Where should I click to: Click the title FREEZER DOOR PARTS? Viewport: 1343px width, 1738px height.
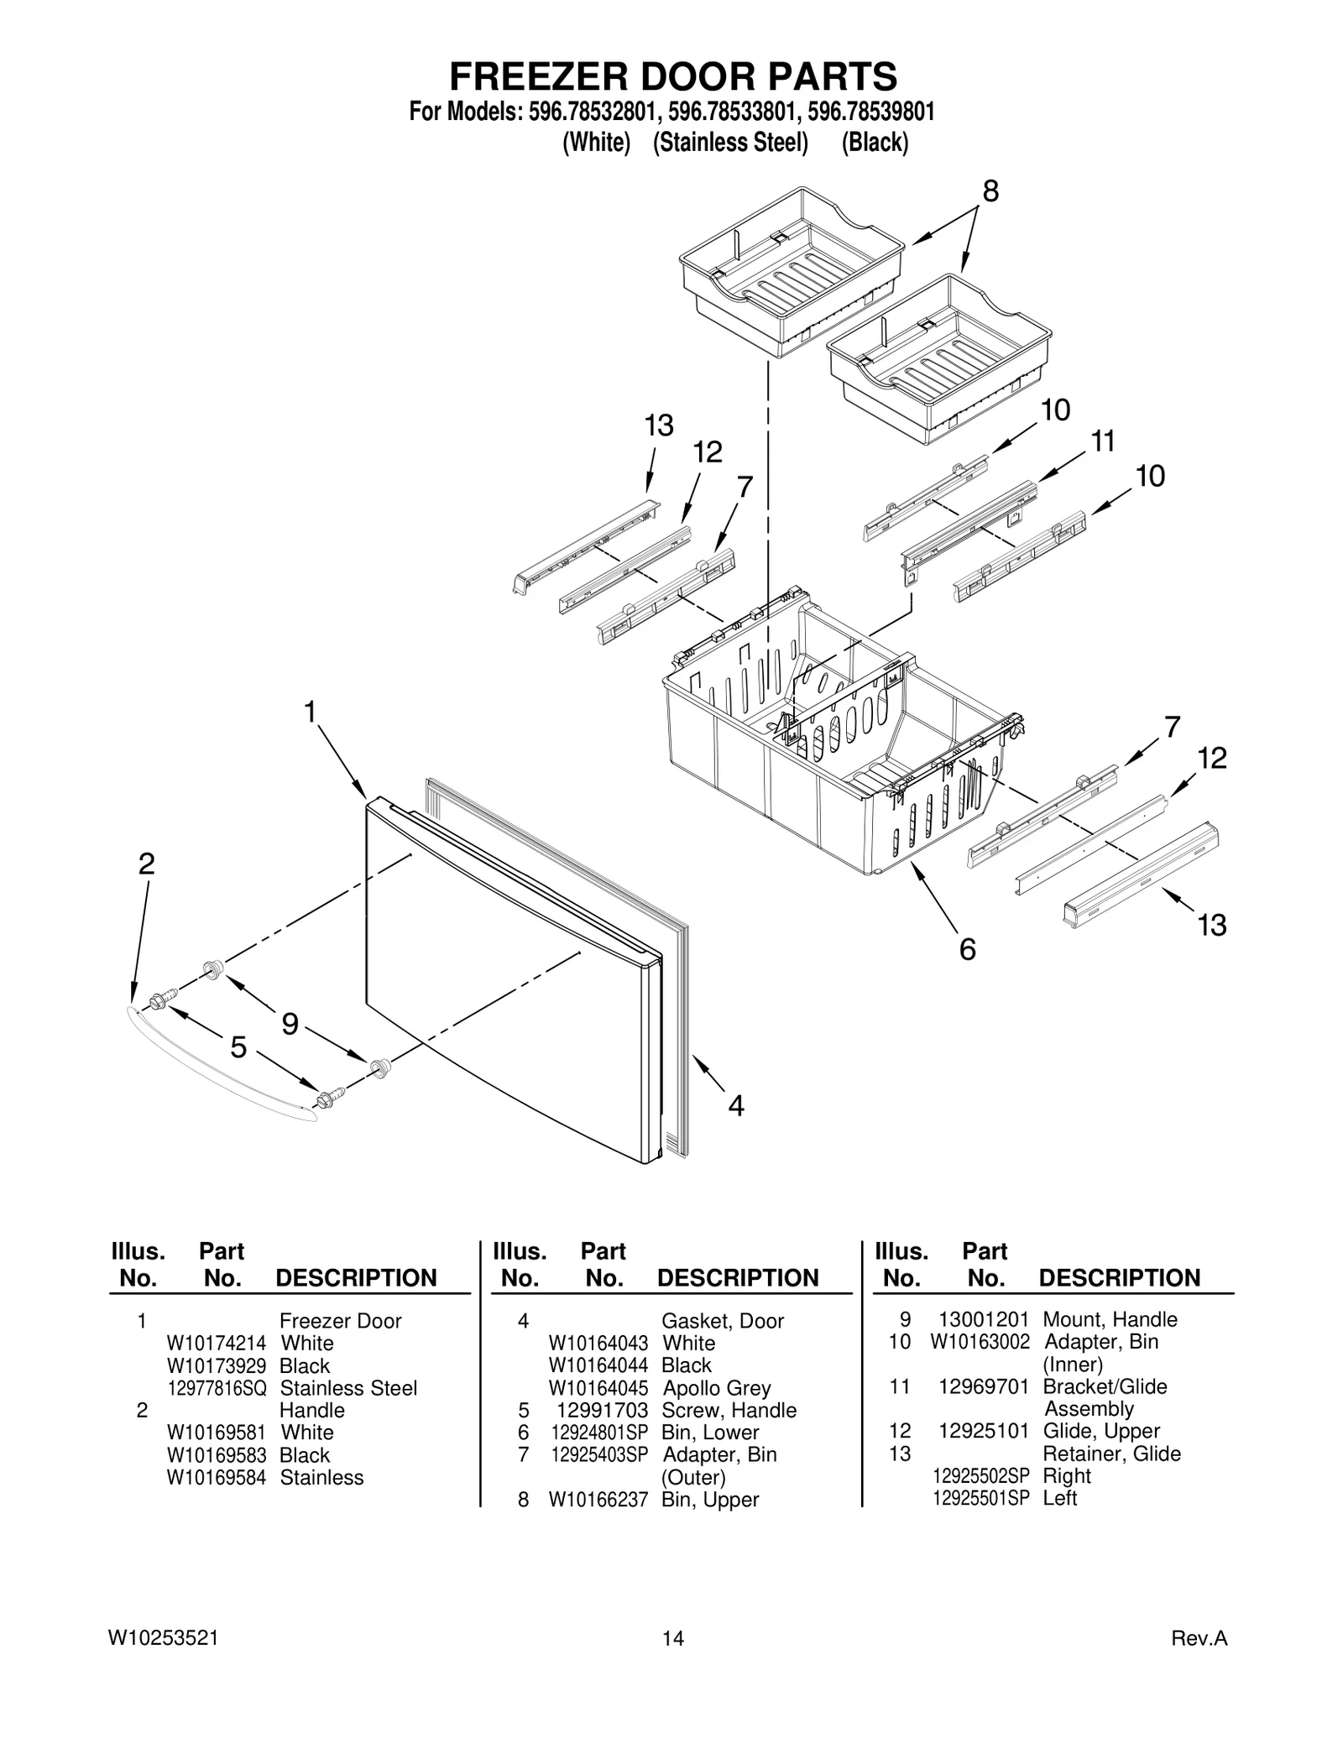click(x=672, y=76)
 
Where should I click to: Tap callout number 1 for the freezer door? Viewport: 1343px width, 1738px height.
click(x=310, y=712)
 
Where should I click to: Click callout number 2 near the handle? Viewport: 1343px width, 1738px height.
click(x=146, y=864)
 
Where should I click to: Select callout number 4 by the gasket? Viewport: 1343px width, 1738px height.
click(x=735, y=1106)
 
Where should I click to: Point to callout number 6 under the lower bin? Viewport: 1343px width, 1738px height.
click(x=967, y=949)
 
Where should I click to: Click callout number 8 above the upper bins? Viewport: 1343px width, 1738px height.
click(x=990, y=191)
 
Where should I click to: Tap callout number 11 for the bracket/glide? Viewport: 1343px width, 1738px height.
click(x=1102, y=441)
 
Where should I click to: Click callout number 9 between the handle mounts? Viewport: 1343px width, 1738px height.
click(x=290, y=1024)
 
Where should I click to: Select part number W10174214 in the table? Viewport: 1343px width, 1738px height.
click(x=216, y=1343)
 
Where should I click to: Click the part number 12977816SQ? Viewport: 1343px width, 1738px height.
click(x=217, y=1388)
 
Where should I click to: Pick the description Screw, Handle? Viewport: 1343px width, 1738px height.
click(x=729, y=1410)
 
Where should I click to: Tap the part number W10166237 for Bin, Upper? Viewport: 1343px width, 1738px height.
click(x=598, y=1500)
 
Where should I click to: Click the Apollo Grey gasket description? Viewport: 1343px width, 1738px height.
click(x=716, y=1388)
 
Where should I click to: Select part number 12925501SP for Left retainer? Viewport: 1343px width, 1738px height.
click(x=980, y=1498)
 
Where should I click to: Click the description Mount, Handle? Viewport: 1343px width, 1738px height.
click(x=1110, y=1319)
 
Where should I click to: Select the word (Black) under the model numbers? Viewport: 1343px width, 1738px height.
click(x=875, y=143)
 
